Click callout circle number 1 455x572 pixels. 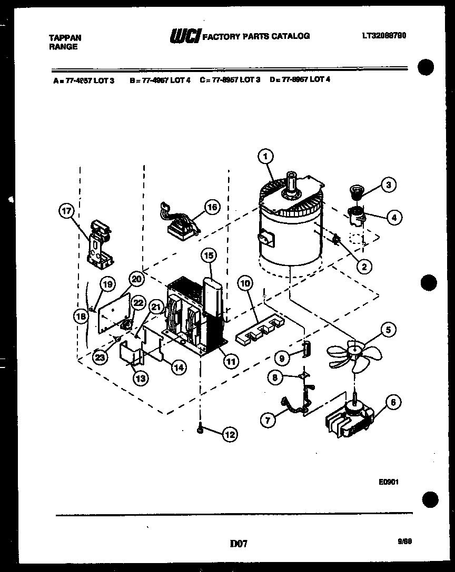coord(266,156)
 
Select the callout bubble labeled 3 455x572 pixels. coord(388,185)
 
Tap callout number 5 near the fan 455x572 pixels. coord(388,330)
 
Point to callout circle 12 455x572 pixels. coord(230,434)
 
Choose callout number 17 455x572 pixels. coord(67,211)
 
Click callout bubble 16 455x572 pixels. coord(211,207)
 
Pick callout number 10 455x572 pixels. coord(244,283)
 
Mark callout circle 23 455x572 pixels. coord(100,357)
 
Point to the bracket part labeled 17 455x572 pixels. coord(100,242)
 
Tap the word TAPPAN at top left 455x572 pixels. coord(65,38)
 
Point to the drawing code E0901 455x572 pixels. coord(387,481)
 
